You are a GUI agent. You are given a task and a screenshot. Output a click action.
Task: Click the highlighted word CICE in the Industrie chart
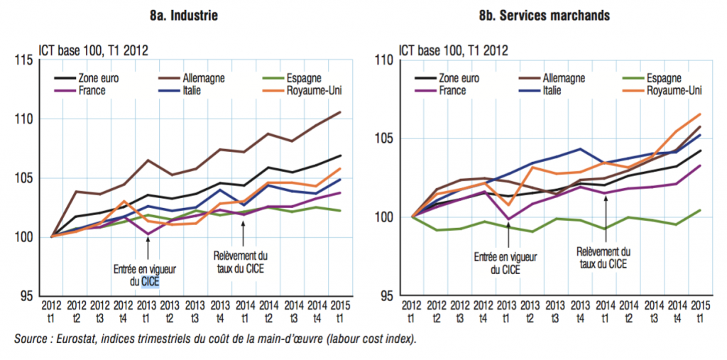click(x=151, y=282)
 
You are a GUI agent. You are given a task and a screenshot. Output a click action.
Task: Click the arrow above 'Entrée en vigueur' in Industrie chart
click(x=148, y=249)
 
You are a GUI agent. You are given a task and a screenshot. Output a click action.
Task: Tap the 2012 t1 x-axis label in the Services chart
click(x=411, y=310)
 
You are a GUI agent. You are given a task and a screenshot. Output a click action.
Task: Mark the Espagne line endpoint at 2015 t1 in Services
click(x=699, y=210)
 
